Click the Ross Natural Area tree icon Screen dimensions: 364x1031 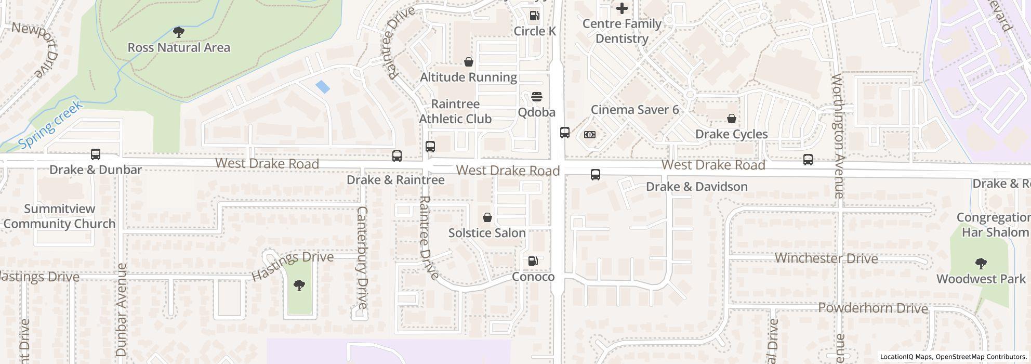[x=179, y=32]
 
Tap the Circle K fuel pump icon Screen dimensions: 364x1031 [x=534, y=16]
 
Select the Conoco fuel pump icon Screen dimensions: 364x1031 [x=533, y=261]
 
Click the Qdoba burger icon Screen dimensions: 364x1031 [x=537, y=97]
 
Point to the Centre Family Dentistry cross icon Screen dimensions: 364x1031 [x=622, y=8]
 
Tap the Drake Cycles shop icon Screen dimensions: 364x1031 [x=732, y=119]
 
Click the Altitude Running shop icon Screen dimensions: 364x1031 [x=468, y=62]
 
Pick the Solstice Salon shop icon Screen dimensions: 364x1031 [x=487, y=217]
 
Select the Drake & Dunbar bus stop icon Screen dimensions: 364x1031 [x=96, y=154]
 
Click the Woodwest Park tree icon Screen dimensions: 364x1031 [x=981, y=264]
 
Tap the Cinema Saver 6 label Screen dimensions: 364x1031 [x=635, y=110]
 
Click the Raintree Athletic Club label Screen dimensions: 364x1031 [x=455, y=111]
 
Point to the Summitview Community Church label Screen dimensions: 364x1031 [x=59, y=216]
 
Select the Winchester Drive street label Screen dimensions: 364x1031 [x=826, y=258]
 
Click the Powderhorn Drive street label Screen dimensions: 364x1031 [x=873, y=308]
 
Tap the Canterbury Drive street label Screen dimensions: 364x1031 [x=362, y=257]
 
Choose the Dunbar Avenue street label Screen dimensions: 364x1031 [x=122, y=309]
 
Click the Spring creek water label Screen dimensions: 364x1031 [x=50, y=125]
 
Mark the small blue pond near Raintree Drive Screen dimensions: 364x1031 [x=322, y=86]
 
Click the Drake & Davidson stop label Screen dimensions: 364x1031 [x=696, y=187]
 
